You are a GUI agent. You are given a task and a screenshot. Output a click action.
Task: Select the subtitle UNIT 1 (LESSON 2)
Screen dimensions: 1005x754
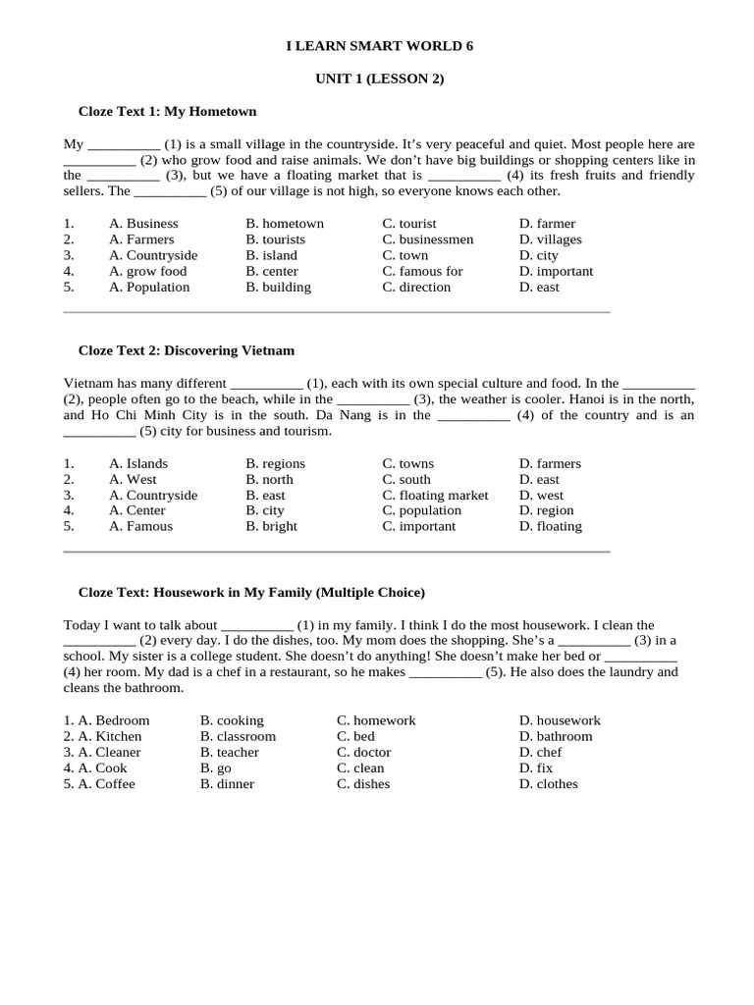coord(379,79)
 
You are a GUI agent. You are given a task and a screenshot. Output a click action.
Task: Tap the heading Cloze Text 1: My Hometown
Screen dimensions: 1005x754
coord(167,111)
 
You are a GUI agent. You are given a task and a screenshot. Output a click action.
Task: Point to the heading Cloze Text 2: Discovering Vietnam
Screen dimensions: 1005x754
coord(186,350)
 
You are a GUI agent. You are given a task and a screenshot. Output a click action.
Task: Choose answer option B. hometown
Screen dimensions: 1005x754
coord(285,224)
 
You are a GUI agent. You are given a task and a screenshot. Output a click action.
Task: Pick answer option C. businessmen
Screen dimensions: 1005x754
coord(428,239)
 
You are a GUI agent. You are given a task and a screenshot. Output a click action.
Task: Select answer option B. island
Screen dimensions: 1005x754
coord(272,255)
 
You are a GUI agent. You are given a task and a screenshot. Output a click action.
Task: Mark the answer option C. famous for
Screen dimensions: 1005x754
coord(422,271)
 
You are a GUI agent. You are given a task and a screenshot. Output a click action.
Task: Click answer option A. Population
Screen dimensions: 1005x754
coord(149,287)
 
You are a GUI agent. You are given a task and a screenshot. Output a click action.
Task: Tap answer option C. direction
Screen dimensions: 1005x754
coord(416,287)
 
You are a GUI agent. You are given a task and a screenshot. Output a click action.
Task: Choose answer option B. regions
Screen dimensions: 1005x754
coord(276,463)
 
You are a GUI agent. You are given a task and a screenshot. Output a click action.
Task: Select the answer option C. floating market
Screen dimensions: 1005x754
coord(435,495)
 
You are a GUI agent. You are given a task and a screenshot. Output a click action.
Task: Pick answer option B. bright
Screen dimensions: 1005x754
coord(272,526)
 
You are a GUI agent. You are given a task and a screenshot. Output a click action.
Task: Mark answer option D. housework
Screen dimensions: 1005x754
coord(560,720)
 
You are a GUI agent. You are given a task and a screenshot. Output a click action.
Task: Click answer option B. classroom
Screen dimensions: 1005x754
coord(238,736)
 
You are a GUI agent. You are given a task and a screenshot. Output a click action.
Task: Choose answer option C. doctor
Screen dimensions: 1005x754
coord(364,752)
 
